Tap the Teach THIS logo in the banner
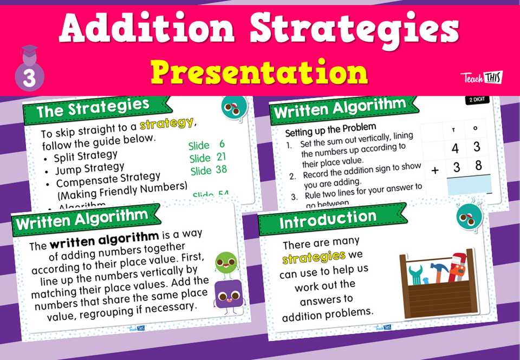pyautogui.click(x=481, y=77)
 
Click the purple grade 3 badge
pyautogui.click(x=29, y=74)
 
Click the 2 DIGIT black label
pyautogui.click(x=477, y=101)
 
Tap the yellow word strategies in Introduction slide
pyautogui.click(x=314, y=256)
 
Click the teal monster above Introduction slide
pyautogui.click(x=465, y=216)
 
